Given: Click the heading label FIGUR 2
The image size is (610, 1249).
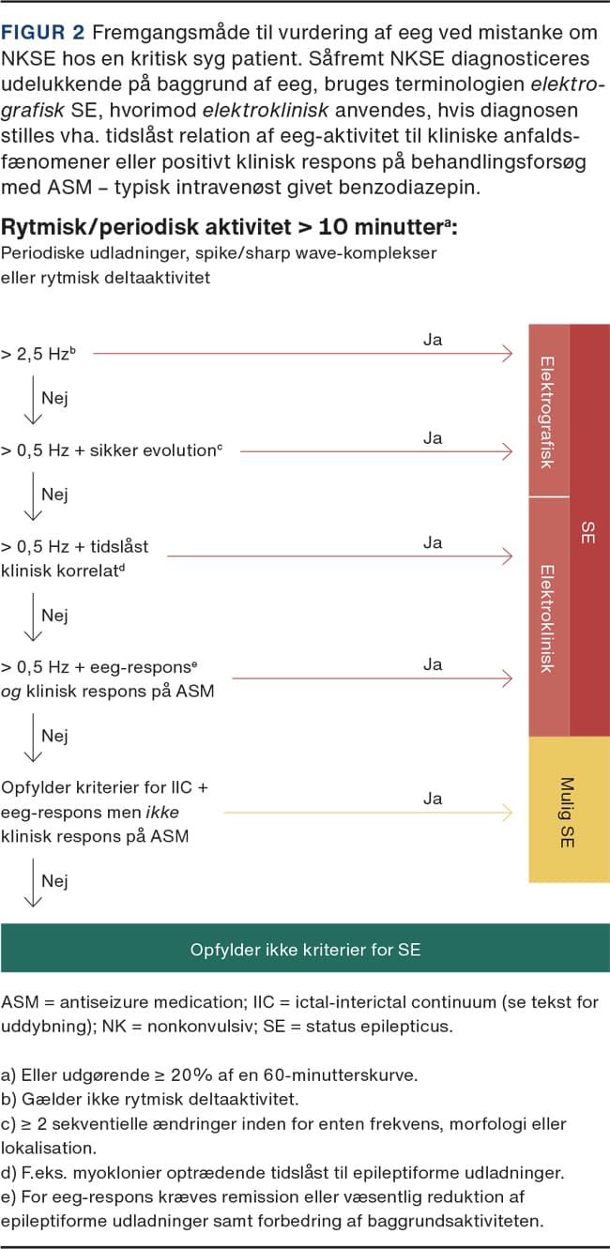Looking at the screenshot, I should pyautogui.click(x=43, y=32).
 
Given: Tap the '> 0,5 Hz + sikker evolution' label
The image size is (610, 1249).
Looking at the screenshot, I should pyautogui.click(x=112, y=450).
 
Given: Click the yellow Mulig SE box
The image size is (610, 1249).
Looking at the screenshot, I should pyautogui.click(x=569, y=810).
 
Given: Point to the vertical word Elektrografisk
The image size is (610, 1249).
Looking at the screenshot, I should pyautogui.click(x=548, y=411).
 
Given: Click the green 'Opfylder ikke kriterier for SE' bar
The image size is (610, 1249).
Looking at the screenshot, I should pyautogui.click(x=305, y=949).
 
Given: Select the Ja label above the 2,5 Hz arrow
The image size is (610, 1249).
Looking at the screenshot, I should pyautogui.click(x=432, y=340).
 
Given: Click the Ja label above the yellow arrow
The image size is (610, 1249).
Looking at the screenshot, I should pyautogui.click(x=432, y=799).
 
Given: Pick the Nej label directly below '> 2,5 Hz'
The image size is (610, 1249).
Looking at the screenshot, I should pyautogui.click(x=54, y=398).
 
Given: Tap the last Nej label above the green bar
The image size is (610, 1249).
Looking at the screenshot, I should pyautogui.click(x=54, y=881).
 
